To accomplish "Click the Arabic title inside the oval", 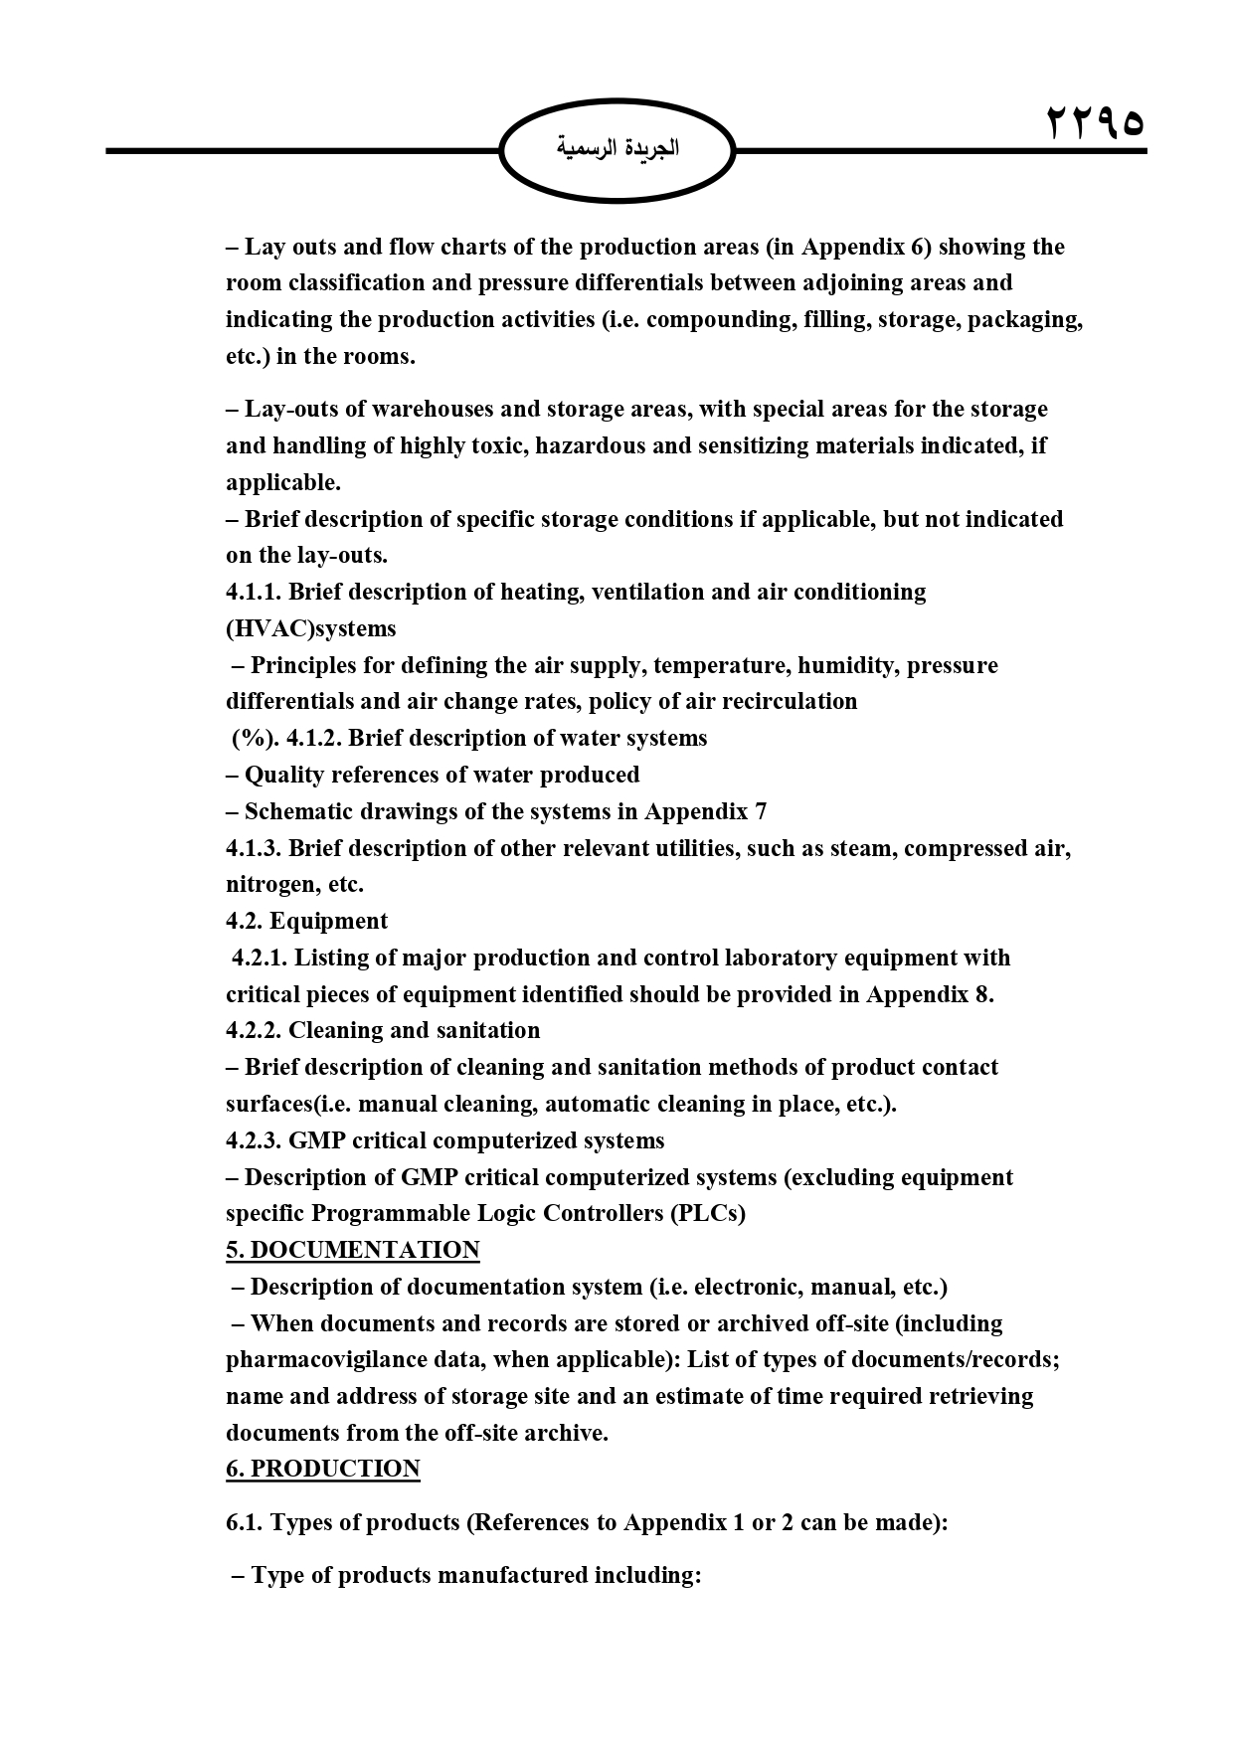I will click(x=617, y=149).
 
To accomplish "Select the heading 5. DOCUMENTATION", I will click(x=353, y=1250).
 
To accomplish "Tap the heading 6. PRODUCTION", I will click(x=323, y=1469).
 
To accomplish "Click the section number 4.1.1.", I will click(x=254, y=592).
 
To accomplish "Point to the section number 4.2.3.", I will click(x=254, y=1140).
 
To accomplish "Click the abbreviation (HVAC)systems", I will click(x=311, y=628).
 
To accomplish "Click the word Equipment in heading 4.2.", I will click(x=328, y=921).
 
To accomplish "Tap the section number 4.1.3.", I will click(x=254, y=848).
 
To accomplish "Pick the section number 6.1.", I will click(x=244, y=1522).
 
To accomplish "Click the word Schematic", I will click(x=294, y=811).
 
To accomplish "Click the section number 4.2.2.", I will click(x=254, y=1030).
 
